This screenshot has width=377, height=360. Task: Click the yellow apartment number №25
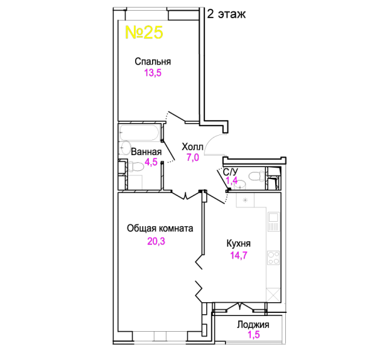[144, 32]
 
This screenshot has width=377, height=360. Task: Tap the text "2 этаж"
[226, 14]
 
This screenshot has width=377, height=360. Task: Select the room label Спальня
[153, 62]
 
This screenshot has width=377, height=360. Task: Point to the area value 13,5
[153, 73]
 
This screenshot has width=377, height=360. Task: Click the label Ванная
[146, 152]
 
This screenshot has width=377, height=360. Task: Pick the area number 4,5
[151, 162]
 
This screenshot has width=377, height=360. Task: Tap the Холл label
[193, 146]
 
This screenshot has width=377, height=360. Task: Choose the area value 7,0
[193, 158]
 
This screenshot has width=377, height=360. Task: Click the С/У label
[231, 172]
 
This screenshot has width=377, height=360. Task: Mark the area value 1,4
[232, 180]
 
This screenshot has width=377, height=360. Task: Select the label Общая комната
[160, 229]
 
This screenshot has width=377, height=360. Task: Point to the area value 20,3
[156, 241]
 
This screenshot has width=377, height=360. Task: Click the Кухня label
[239, 244]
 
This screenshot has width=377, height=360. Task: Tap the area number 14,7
[239, 255]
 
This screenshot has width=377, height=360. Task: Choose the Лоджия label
[253, 325]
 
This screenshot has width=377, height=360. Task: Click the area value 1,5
[254, 335]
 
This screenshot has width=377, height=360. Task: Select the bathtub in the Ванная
[139, 133]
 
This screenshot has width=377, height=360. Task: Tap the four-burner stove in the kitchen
[273, 258]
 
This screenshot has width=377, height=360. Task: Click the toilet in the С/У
[256, 177]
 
